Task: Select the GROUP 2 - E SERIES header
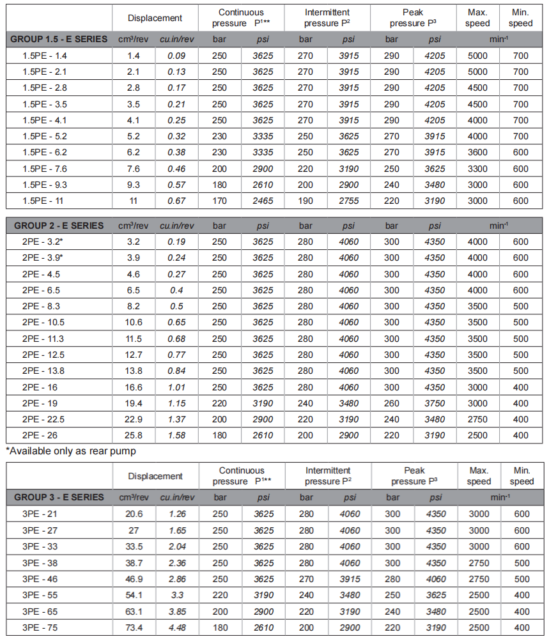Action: [59, 226]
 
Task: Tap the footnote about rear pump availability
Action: [71, 450]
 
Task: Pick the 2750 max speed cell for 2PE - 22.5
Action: [477, 419]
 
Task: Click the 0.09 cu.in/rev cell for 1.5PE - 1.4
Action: [176, 56]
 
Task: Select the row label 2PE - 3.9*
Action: [42, 258]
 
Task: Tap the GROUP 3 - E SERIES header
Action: [59, 497]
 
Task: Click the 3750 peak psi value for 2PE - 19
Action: [435, 403]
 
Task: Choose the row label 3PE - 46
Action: [40, 579]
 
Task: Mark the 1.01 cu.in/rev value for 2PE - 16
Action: [176, 387]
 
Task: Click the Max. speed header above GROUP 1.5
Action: [477, 18]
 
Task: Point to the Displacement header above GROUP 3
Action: [155, 476]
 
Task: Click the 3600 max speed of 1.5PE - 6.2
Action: [477, 153]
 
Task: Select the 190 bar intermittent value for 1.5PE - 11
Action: [305, 201]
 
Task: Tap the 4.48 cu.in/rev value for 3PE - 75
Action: [176, 627]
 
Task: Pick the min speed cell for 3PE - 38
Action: [521, 563]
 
